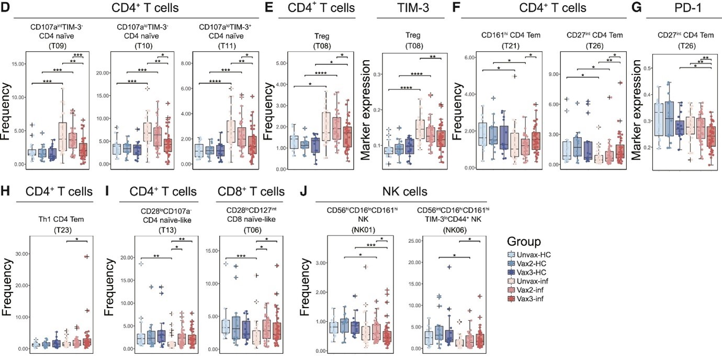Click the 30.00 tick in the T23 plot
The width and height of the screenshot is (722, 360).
coord(20,253)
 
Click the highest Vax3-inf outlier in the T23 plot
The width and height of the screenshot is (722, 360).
coord(86,256)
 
